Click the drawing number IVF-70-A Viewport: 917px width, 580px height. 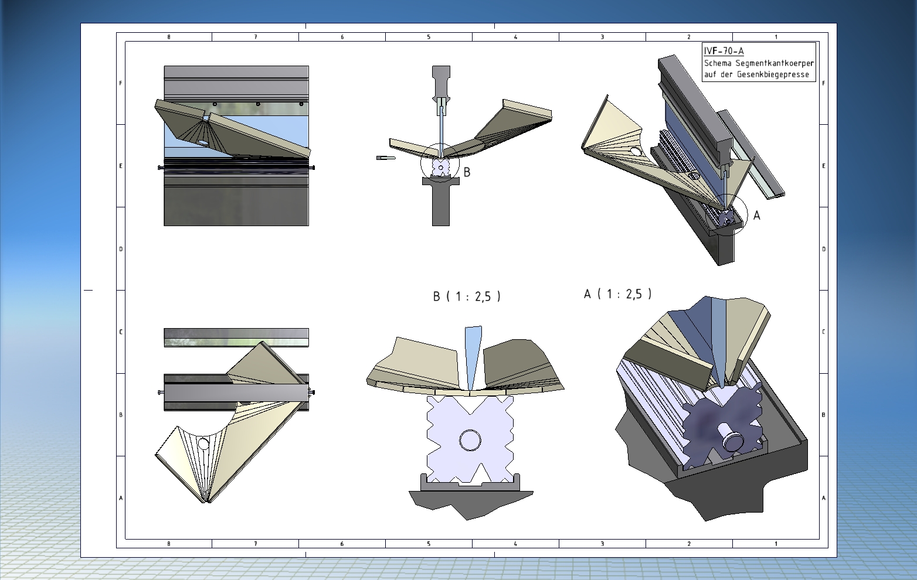tap(724, 51)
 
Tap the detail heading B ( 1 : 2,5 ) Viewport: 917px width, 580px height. tap(467, 296)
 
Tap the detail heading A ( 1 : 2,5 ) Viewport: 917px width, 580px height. tap(617, 294)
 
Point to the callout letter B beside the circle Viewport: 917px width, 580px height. tap(467, 172)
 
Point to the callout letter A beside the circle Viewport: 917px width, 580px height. tap(756, 216)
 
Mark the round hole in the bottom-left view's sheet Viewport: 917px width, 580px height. tap(203, 443)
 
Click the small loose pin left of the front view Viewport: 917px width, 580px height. tap(385, 158)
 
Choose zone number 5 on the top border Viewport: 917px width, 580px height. tap(429, 37)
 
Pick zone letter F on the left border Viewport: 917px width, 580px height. tap(121, 83)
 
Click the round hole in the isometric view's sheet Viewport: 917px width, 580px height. tap(635, 152)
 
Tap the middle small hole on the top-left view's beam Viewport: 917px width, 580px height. tap(258, 104)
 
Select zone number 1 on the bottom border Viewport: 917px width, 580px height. tap(776, 544)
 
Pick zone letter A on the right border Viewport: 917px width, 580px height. tap(824, 498)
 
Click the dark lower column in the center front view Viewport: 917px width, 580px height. tap(440, 208)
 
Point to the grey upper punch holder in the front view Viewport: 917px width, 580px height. tap(441, 82)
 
